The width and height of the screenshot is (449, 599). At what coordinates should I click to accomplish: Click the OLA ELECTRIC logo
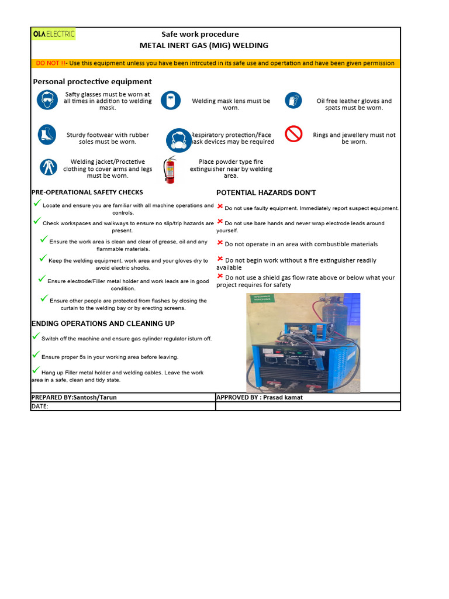(x=53, y=34)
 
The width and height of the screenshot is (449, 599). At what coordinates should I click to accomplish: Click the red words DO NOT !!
(x=51, y=63)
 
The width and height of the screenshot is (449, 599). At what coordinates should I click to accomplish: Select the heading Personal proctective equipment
(x=92, y=82)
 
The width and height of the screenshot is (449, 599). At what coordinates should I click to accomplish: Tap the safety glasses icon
(x=47, y=99)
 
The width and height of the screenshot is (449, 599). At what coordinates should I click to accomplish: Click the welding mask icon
(x=171, y=100)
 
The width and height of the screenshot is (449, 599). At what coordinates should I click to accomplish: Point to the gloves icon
(x=293, y=101)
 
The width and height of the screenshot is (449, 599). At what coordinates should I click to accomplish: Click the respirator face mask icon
(x=178, y=141)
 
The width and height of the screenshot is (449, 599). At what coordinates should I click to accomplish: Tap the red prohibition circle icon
(x=293, y=135)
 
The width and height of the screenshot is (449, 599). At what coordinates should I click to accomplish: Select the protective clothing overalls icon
(x=48, y=167)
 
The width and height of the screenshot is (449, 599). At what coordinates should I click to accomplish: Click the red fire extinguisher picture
(x=170, y=170)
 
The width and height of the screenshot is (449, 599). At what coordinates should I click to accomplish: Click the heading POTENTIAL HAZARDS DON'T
(x=266, y=192)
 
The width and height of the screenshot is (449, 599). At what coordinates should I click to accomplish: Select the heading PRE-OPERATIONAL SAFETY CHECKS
(x=87, y=192)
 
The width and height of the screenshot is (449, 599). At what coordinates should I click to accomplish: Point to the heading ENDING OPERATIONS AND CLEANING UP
(x=103, y=323)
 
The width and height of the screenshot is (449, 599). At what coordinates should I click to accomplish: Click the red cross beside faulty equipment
(x=220, y=206)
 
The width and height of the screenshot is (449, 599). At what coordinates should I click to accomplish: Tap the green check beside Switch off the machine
(x=36, y=336)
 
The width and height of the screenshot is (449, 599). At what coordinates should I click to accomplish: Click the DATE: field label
(x=40, y=406)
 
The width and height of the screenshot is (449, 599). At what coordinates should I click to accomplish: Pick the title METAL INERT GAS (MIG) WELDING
(x=204, y=46)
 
